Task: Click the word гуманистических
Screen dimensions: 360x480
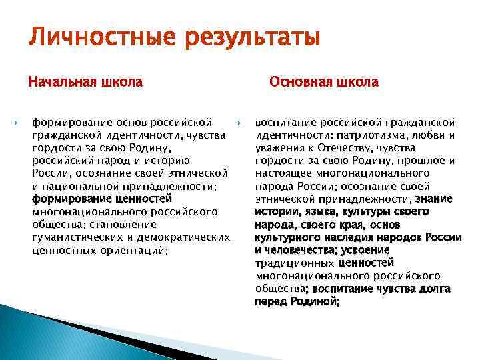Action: (x=79, y=237)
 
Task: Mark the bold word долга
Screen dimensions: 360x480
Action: (x=433, y=288)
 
